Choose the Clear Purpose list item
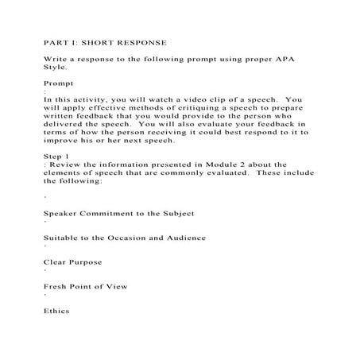click(73, 262)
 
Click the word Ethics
click(56, 311)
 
